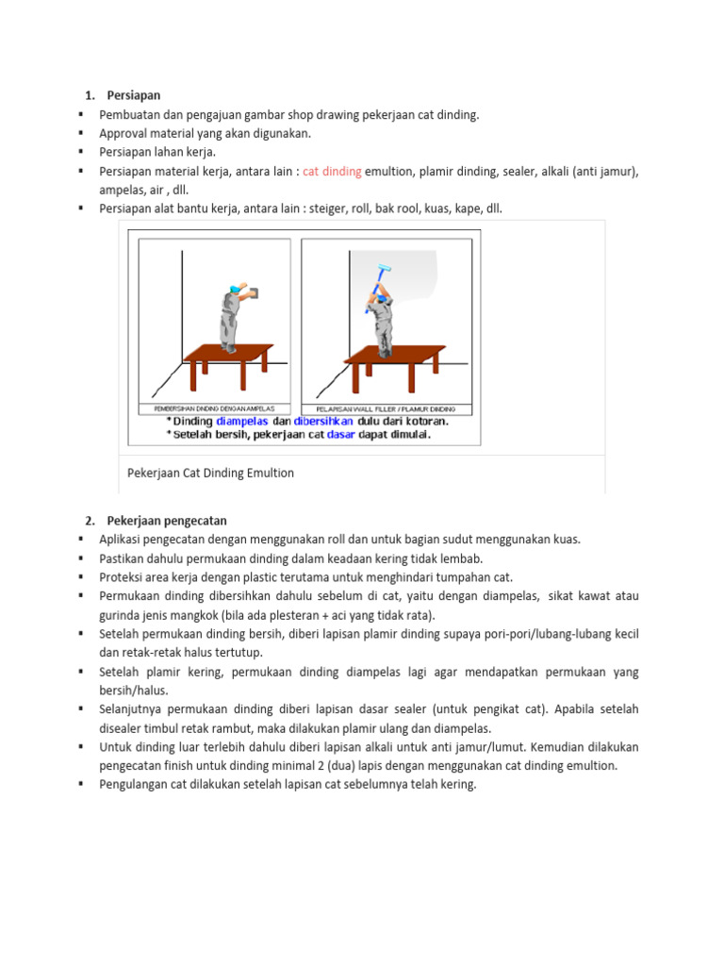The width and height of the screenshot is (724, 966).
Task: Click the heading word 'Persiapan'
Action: click(134, 95)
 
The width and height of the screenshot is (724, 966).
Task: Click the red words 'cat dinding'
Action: click(332, 171)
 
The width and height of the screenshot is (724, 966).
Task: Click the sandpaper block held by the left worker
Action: click(249, 292)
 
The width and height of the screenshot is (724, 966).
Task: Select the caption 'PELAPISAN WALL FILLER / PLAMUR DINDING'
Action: click(376, 408)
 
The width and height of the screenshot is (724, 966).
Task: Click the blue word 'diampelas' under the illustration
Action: click(242, 421)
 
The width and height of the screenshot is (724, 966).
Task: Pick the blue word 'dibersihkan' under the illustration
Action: click(323, 421)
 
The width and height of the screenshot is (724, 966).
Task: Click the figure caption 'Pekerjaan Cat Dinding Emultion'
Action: click(210, 473)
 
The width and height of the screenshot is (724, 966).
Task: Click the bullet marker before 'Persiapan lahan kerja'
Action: click(82, 152)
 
